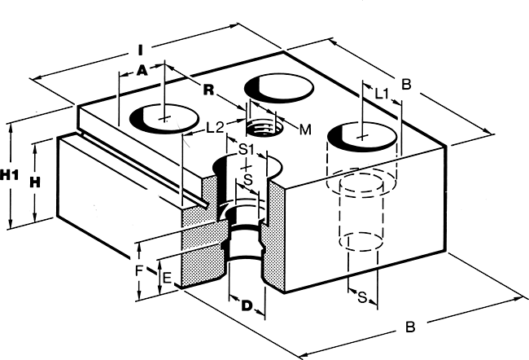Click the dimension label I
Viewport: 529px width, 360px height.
[141, 50]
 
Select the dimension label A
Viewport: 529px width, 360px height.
[142, 70]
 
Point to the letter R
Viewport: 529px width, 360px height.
[209, 90]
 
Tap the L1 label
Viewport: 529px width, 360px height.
[383, 94]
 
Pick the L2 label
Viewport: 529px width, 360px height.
[215, 127]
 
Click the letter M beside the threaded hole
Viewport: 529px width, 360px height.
[305, 130]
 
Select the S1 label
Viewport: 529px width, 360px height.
[246, 149]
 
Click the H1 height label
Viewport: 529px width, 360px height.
[10, 175]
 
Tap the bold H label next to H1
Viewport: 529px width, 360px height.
[35, 182]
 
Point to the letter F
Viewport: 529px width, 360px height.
[139, 270]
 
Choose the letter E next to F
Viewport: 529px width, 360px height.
[167, 279]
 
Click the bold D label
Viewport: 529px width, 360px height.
[247, 306]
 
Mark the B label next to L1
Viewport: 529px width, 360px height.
[407, 84]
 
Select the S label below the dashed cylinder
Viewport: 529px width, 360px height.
[362, 297]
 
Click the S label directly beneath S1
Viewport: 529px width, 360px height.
[248, 180]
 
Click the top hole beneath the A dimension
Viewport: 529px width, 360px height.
[164, 118]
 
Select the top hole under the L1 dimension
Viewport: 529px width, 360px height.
[362, 137]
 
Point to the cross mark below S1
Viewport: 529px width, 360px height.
[247, 166]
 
